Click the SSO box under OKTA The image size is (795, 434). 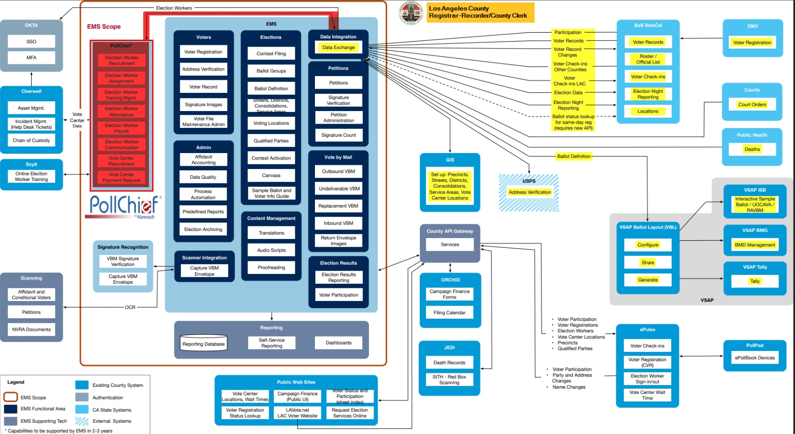[31, 42]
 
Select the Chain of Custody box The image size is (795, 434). [31, 140]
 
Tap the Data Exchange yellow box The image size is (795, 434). [338, 47]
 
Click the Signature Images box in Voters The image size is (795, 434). [203, 105]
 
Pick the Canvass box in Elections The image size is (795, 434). [271, 175]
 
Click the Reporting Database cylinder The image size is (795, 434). [203, 343]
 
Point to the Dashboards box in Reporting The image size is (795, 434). [339, 343]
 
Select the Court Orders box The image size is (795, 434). [752, 105]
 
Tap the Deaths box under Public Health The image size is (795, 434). [752, 149]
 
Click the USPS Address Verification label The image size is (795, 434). [530, 192]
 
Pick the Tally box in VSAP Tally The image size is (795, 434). [755, 281]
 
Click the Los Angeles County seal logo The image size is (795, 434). [411, 13]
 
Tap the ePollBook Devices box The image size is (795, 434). [754, 358]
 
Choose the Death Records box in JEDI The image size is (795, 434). [449, 363]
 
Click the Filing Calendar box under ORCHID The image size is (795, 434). [449, 313]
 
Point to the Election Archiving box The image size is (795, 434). [203, 229]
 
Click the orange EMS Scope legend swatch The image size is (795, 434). [11, 397]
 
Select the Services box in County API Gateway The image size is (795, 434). [450, 245]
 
